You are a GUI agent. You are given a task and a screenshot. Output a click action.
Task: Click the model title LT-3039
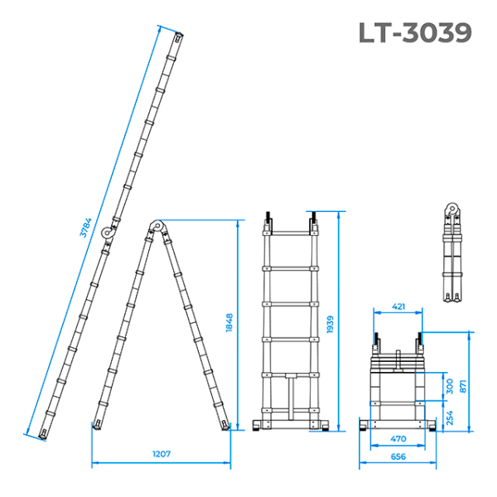tap(415, 32)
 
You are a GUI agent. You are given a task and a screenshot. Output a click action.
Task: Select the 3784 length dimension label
tap(85, 227)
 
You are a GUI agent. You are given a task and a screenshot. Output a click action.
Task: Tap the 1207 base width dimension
tap(162, 454)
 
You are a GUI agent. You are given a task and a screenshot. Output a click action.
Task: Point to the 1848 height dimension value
tap(229, 323)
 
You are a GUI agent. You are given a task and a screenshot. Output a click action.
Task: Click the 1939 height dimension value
tap(331, 324)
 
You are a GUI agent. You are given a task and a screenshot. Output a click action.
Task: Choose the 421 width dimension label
tap(398, 306)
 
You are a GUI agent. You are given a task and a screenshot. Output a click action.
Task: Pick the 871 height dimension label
tap(463, 386)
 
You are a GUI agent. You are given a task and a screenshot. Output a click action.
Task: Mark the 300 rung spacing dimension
tap(450, 386)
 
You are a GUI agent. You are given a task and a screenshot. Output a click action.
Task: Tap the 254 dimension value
tap(450, 417)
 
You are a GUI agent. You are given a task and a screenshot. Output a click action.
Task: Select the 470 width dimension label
tap(398, 439)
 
